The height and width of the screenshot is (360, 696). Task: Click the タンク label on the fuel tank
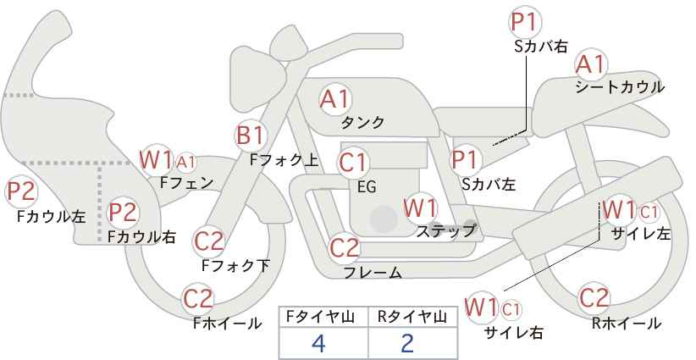(x=362, y=123)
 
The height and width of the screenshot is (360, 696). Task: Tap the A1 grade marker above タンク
(x=335, y=100)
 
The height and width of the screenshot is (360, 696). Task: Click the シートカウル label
(x=620, y=87)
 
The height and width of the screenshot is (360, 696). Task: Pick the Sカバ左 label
(x=489, y=184)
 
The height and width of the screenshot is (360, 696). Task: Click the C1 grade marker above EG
(x=353, y=163)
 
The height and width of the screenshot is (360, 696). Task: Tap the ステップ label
(x=445, y=231)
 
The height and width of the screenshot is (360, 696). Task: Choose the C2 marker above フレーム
(x=345, y=247)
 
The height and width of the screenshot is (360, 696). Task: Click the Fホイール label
(x=227, y=324)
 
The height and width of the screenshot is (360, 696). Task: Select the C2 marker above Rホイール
(x=594, y=298)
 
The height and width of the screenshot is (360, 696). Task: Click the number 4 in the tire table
(x=318, y=343)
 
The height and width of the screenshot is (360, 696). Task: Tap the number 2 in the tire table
(x=407, y=343)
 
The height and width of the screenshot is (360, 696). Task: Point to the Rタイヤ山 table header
(x=412, y=317)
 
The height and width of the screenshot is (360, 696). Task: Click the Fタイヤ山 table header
(x=320, y=317)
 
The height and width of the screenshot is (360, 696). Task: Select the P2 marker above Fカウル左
(x=21, y=191)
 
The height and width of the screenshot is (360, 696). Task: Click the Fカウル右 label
(x=142, y=237)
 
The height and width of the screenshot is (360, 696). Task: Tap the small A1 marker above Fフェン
(x=186, y=163)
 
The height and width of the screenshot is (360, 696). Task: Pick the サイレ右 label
(x=514, y=333)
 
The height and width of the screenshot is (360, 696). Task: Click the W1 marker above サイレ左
(x=619, y=210)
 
